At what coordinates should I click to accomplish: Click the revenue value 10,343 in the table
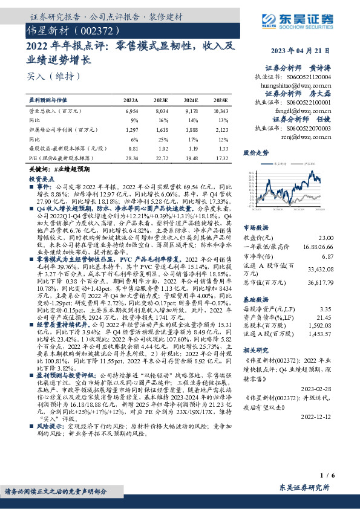tap(221, 112)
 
